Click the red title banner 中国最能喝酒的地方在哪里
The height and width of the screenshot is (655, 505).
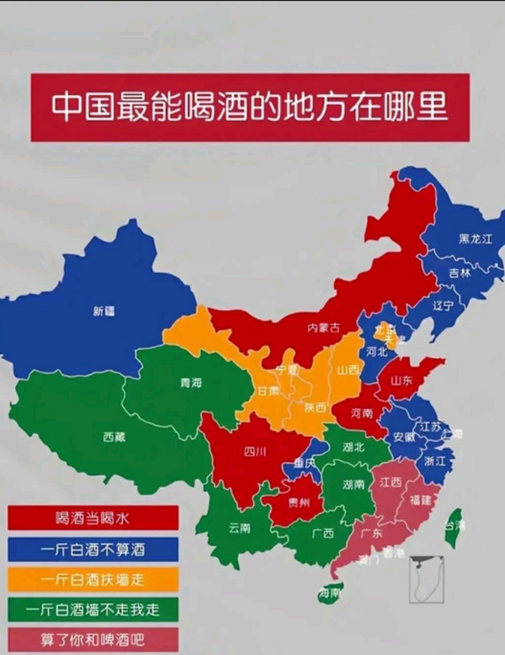(x=250, y=107)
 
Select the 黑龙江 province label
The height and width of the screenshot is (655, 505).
(x=475, y=238)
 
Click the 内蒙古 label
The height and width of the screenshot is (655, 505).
(x=323, y=328)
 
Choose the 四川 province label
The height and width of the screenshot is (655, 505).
(x=255, y=451)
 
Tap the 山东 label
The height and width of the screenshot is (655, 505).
(x=401, y=381)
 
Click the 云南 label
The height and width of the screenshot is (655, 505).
(x=239, y=528)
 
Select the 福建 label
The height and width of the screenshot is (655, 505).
(x=421, y=499)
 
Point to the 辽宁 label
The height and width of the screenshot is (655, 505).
(x=443, y=306)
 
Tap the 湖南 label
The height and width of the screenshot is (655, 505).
(x=354, y=484)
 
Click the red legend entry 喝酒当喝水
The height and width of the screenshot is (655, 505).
(x=93, y=518)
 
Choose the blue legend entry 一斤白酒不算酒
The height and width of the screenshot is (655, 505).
(x=93, y=549)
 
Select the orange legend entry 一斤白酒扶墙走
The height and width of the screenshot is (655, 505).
(x=93, y=579)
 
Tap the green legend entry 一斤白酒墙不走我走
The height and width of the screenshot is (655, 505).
(x=93, y=609)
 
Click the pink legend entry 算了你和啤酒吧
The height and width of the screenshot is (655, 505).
(x=93, y=640)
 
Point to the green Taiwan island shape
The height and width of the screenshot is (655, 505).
(x=453, y=527)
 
